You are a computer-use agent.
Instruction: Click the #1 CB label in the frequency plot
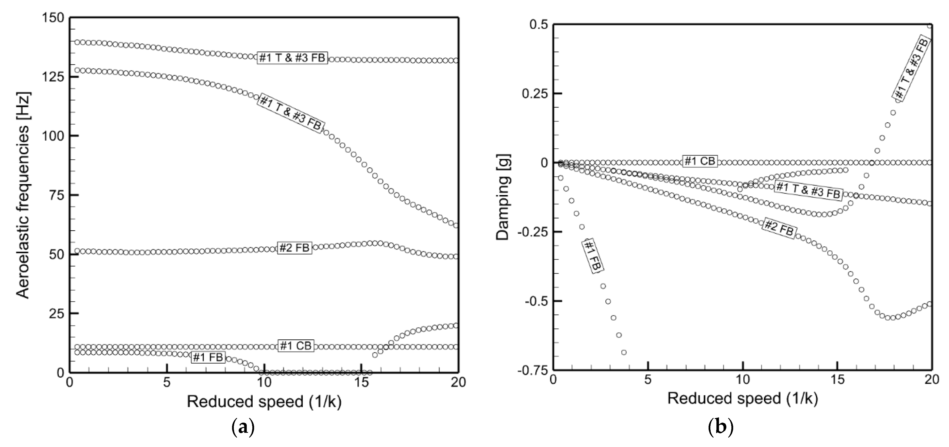pos(295,346)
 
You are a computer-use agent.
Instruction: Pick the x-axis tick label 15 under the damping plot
pos(837,380)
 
